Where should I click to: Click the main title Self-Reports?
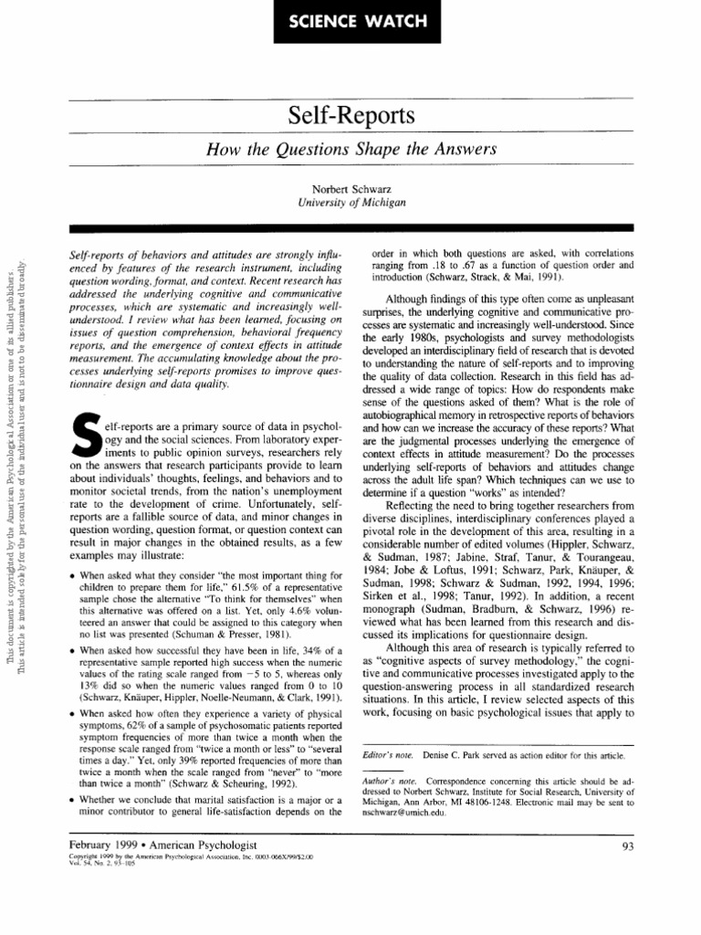click(350, 116)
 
